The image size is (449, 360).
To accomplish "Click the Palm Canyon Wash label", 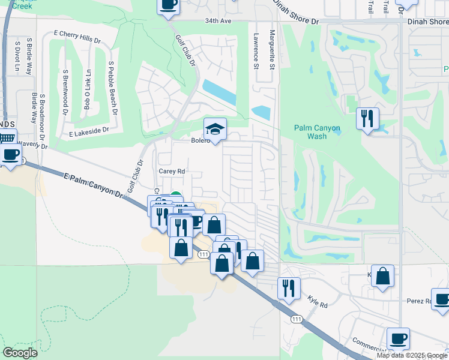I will coord(317,132).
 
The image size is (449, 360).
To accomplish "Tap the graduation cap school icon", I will coord(215,128).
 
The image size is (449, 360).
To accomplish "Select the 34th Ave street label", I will coord(217,20).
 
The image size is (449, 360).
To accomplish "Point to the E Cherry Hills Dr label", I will coord(77,35).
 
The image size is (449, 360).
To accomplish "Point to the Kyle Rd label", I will coord(317,301).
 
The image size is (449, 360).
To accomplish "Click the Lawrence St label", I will coord(256,50).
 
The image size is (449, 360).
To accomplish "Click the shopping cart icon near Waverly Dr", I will coord(7,138).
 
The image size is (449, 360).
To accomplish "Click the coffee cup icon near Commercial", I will coord(398,338).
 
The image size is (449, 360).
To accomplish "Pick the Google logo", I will coord(20,353).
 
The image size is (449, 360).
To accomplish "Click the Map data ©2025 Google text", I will coord(412,355).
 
